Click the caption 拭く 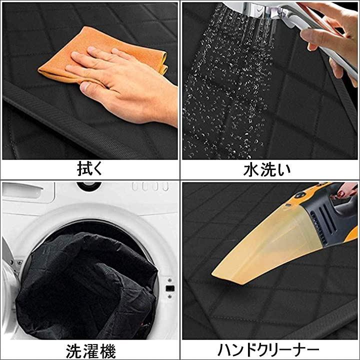(x=90, y=169)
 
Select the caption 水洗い (x=267, y=169)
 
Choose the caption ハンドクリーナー (x=268, y=350)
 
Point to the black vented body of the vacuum (x=326, y=218)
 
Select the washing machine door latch (x=170, y=288)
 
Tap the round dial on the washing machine (x=89, y=185)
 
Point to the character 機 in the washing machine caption (x=107, y=351)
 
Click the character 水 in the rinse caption (x=251, y=169)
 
